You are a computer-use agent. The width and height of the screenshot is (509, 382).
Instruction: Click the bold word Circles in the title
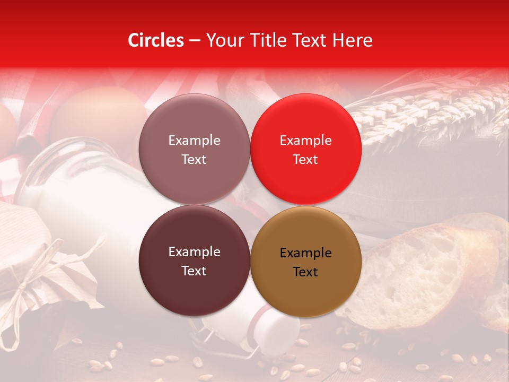click(156, 40)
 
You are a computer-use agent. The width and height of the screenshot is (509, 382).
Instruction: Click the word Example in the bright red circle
click(305, 140)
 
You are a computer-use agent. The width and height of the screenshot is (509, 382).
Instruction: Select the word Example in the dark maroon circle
click(194, 252)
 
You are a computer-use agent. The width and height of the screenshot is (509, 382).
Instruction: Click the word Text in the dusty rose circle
click(194, 159)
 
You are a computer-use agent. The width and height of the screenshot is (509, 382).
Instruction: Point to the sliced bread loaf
click(424, 271)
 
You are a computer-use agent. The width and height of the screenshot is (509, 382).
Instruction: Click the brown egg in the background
click(98, 114)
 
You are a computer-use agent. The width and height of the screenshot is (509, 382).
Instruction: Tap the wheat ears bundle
click(435, 114)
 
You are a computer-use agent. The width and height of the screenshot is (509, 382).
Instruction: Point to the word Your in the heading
click(223, 40)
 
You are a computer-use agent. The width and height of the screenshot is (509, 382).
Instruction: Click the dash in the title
click(195, 40)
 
